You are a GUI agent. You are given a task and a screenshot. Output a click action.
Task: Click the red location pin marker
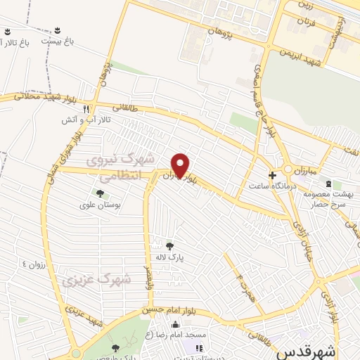(181, 165)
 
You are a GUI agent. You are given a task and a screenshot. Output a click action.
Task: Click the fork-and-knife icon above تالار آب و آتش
(86, 109)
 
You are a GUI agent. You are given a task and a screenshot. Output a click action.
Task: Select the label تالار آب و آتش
(77, 120)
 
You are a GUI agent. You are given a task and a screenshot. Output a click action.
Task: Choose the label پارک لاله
(169, 257)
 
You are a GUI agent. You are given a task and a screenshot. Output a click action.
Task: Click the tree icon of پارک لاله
(169, 245)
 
